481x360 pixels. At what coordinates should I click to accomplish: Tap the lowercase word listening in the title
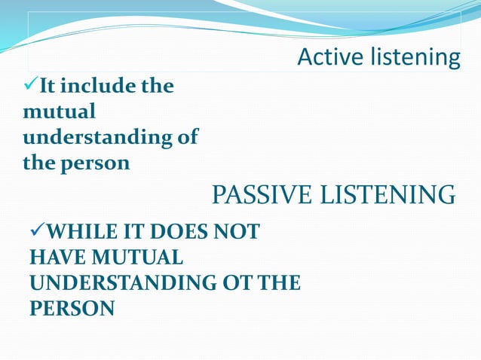pyautogui.click(x=414, y=57)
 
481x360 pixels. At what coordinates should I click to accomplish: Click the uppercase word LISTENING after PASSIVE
pyautogui.click(x=389, y=195)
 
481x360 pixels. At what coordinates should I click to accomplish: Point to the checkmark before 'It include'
pyautogui.click(x=29, y=87)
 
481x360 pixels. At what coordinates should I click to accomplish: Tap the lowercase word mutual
pyautogui.click(x=60, y=112)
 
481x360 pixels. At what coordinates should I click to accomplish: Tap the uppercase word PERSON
pyautogui.click(x=72, y=309)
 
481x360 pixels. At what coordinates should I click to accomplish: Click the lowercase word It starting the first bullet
pyautogui.click(x=50, y=87)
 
